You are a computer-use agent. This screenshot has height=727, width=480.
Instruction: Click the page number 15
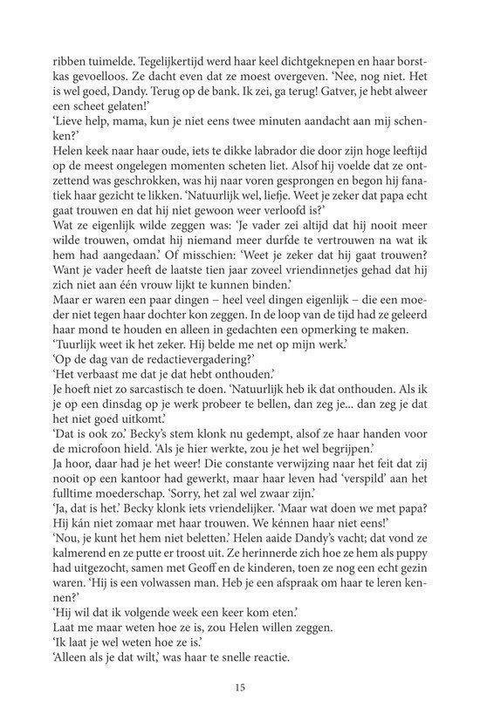pos(239,688)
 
